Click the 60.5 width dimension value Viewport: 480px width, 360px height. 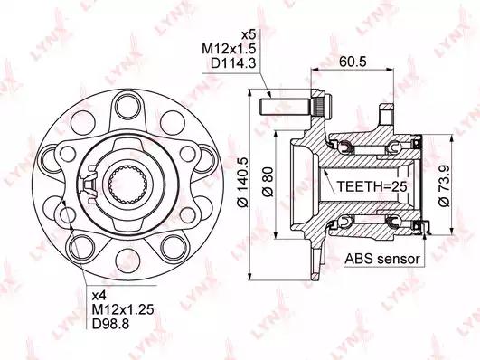click(353, 62)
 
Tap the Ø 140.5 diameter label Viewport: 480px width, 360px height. click(244, 183)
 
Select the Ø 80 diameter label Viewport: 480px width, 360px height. click(268, 182)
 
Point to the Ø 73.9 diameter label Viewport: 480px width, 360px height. click(444, 185)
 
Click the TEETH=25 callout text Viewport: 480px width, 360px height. click(372, 186)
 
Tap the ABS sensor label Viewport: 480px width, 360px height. click(382, 259)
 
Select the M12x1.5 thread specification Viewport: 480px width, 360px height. click(229, 49)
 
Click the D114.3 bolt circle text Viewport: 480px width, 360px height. click(233, 63)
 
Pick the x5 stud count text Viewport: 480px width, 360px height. click(249, 34)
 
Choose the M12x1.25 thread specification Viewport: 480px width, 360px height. click(123, 309)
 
